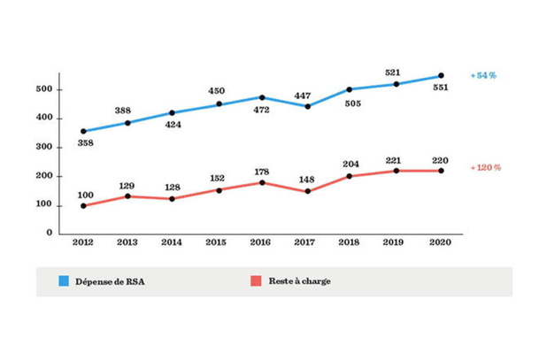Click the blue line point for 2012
pos(83,131)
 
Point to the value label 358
pos(85,143)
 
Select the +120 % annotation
pos(487,168)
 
